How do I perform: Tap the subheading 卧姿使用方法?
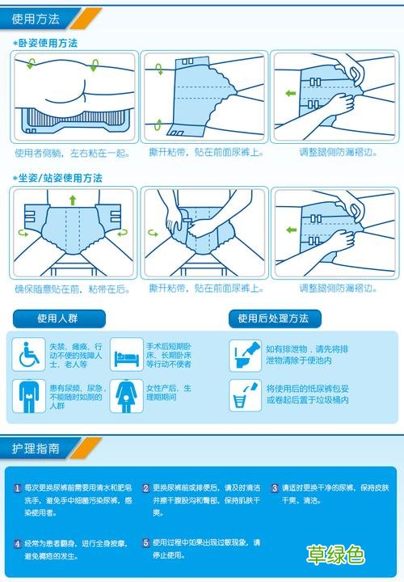click(48, 42)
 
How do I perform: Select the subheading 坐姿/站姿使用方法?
click(60, 177)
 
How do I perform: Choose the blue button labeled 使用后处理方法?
click(274, 318)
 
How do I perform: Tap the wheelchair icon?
click(30, 353)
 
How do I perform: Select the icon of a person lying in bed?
click(126, 353)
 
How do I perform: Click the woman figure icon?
click(126, 396)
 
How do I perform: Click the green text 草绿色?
click(335, 555)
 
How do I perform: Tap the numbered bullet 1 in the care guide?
click(18, 488)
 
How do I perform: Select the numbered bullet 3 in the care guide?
click(274, 488)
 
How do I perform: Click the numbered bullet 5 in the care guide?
click(145, 543)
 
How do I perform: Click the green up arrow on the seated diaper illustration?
click(72, 199)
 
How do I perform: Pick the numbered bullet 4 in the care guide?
click(18, 543)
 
